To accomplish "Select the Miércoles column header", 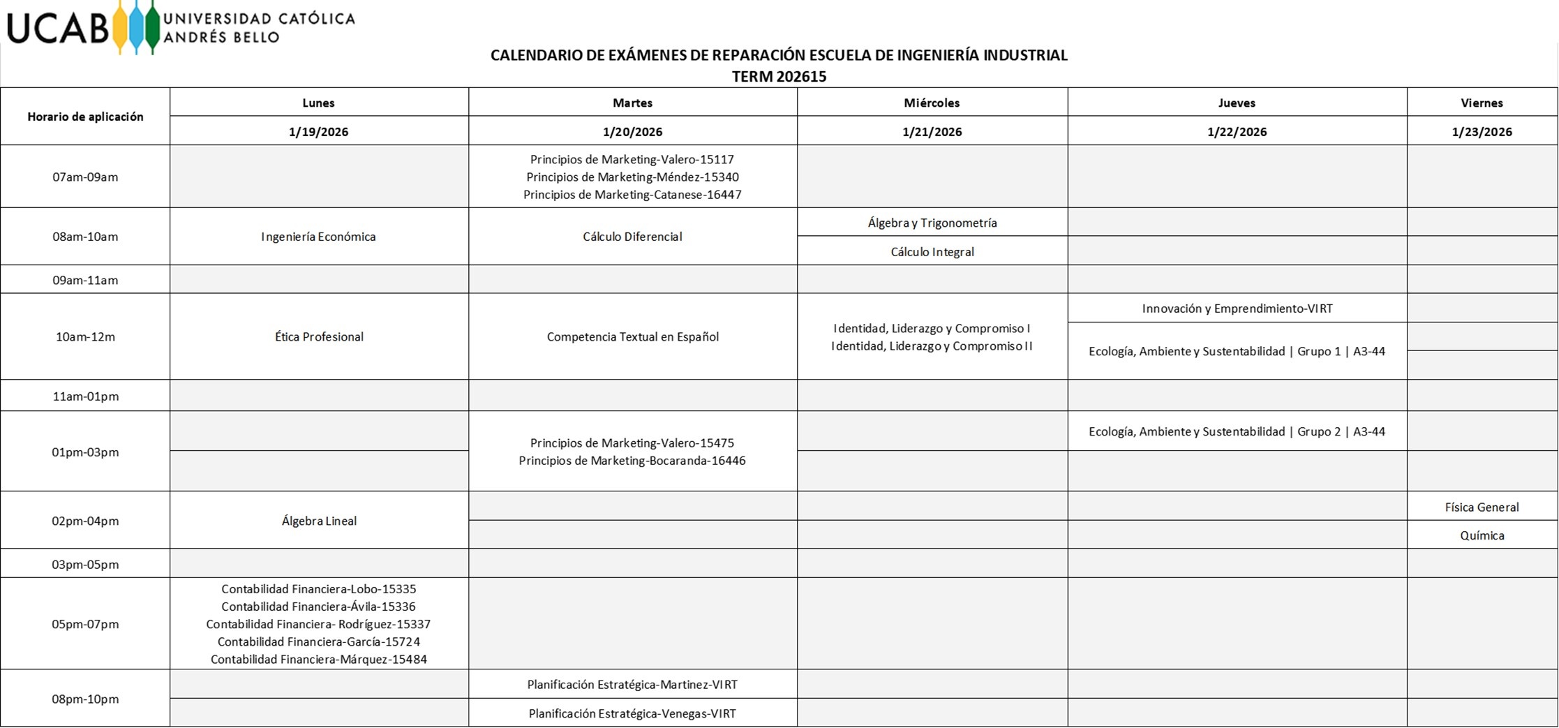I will [x=932, y=103].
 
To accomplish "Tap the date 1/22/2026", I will [x=1237, y=132].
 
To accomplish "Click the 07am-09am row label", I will [x=85, y=177].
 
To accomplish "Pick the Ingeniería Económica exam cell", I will [x=318, y=237].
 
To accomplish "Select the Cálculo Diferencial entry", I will [x=632, y=237].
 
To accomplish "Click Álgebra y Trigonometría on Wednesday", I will [x=932, y=223].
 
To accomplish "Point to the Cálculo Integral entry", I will [x=932, y=252].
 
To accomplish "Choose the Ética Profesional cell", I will [x=319, y=336].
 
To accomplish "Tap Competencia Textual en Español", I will [x=632, y=336].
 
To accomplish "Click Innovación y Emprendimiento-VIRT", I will [x=1237, y=309].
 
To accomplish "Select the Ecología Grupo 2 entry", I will [x=1237, y=431].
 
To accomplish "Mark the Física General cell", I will [x=1482, y=507].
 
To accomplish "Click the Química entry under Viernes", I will [x=1482, y=535].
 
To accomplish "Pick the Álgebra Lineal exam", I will [x=319, y=521].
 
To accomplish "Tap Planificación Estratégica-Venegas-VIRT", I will [x=632, y=713].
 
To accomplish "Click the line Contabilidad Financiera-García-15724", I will [x=319, y=641].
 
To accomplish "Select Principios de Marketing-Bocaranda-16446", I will [x=632, y=461].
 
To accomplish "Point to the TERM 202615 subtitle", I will [x=779, y=77].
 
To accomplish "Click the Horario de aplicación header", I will [x=85, y=117].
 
